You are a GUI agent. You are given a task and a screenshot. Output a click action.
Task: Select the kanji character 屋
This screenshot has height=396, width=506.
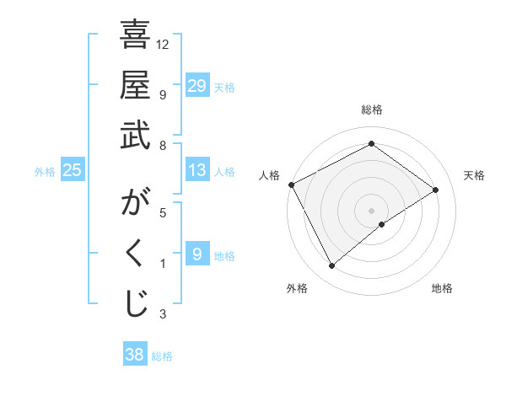pyautogui.click(x=135, y=85)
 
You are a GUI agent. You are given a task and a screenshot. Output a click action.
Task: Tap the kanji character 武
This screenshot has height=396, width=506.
pyautogui.click(x=135, y=135)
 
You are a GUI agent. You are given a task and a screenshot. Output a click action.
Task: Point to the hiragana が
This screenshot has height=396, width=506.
pyautogui.click(x=135, y=205)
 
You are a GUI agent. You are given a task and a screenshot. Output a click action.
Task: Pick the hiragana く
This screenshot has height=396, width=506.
pyautogui.click(x=135, y=254)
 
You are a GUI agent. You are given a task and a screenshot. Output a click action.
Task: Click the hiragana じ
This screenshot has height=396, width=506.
pyautogui.click(x=135, y=304)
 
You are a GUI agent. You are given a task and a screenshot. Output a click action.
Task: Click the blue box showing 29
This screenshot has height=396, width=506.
pyautogui.click(x=196, y=86)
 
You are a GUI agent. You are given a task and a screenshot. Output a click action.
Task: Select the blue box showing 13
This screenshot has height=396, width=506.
pyautogui.click(x=196, y=170)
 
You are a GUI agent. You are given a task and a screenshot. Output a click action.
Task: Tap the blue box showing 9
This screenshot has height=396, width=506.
pyautogui.click(x=196, y=254)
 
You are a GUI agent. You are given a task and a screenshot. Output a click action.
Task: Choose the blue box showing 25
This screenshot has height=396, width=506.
pyautogui.click(x=72, y=170)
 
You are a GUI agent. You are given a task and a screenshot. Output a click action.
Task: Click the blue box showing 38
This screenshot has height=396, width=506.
pyautogui.click(x=134, y=355)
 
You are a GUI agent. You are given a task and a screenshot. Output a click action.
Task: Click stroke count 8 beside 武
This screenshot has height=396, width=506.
pyautogui.click(x=163, y=145)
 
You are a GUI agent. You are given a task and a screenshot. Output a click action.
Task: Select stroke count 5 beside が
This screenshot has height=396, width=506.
pyautogui.click(x=163, y=212)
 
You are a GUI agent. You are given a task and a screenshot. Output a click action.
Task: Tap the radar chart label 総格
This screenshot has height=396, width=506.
pyautogui.click(x=371, y=110)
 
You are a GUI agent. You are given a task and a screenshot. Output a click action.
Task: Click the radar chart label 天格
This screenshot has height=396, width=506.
pyautogui.click(x=475, y=175)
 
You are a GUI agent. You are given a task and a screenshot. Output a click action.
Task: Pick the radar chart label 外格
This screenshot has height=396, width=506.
pyautogui.click(x=296, y=288)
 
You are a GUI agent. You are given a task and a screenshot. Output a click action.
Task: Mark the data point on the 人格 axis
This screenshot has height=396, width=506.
pyautogui.click(x=291, y=185)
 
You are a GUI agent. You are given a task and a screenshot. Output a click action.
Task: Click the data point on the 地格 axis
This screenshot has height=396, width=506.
pyautogui.click(x=382, y=224)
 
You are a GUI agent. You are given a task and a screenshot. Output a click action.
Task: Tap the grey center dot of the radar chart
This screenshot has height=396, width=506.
pyautogui.click(x=371, y=209)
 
